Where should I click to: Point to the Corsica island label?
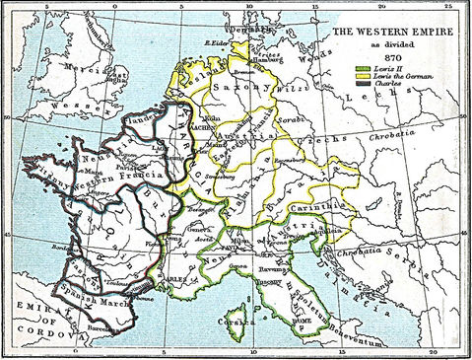[x=235, y=322]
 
